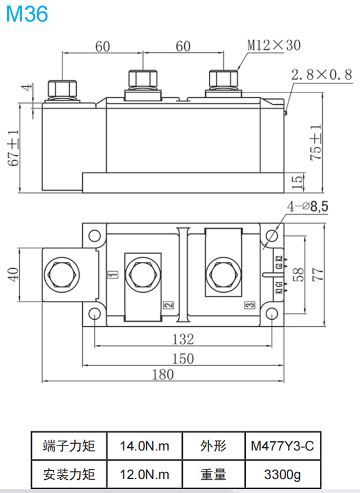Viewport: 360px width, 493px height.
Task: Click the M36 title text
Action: pos(26,14)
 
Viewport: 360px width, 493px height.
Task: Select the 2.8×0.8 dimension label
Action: pos(321,75)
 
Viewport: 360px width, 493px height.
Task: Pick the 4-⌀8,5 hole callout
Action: pos(308,206)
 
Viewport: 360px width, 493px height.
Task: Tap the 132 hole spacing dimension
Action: pos(183,339)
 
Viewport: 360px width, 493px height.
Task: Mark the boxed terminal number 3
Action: pos(250,305)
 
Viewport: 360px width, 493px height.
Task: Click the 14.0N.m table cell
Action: pos(144,446)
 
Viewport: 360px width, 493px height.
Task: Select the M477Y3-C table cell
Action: pos(283,446)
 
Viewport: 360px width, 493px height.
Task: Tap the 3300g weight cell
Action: pos(283,474)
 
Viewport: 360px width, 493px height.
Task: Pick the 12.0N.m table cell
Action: pos(144,474)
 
